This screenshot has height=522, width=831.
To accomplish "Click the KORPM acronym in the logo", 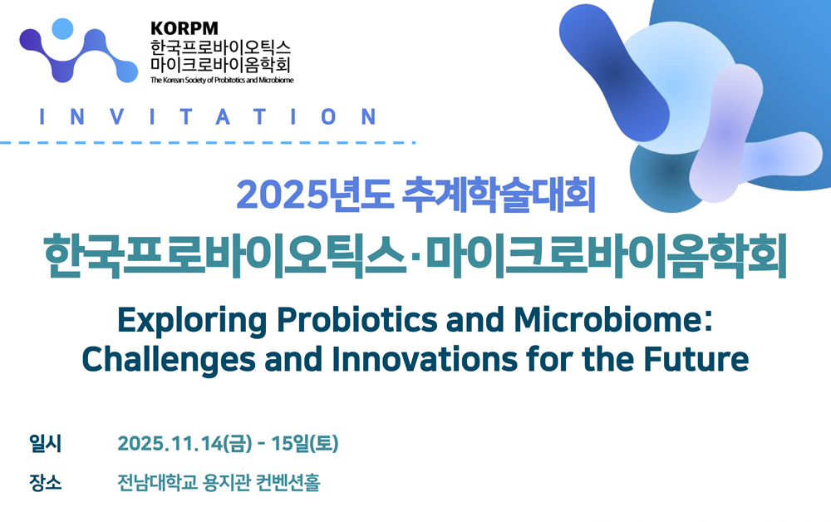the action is (184, 28).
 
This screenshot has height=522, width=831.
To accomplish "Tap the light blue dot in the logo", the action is (63, 28).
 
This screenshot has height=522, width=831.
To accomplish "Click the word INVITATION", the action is (209, 116).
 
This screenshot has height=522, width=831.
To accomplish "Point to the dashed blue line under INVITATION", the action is (208, 143).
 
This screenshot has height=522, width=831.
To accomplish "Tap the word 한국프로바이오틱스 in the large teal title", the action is (224, 256).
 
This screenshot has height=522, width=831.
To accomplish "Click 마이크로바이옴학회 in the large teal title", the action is (607, 256).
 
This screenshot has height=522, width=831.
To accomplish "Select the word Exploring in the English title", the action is (192, 321).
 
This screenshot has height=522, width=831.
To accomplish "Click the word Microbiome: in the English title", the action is (612, 319).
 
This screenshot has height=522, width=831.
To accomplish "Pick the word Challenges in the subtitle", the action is (169, 360).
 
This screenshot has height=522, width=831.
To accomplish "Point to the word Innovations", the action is (425, 359).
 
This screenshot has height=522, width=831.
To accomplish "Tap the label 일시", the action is (46, 444).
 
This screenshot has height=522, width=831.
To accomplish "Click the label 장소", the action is (46, 482).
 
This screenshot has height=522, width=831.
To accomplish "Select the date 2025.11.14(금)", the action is (185, 444).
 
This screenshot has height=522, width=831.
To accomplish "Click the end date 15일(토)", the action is (305, 444).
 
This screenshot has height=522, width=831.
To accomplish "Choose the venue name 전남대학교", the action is (157, 482).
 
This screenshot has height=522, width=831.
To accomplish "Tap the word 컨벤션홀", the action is (288, 482).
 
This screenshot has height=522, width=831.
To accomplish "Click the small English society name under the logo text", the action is (222, 80).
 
